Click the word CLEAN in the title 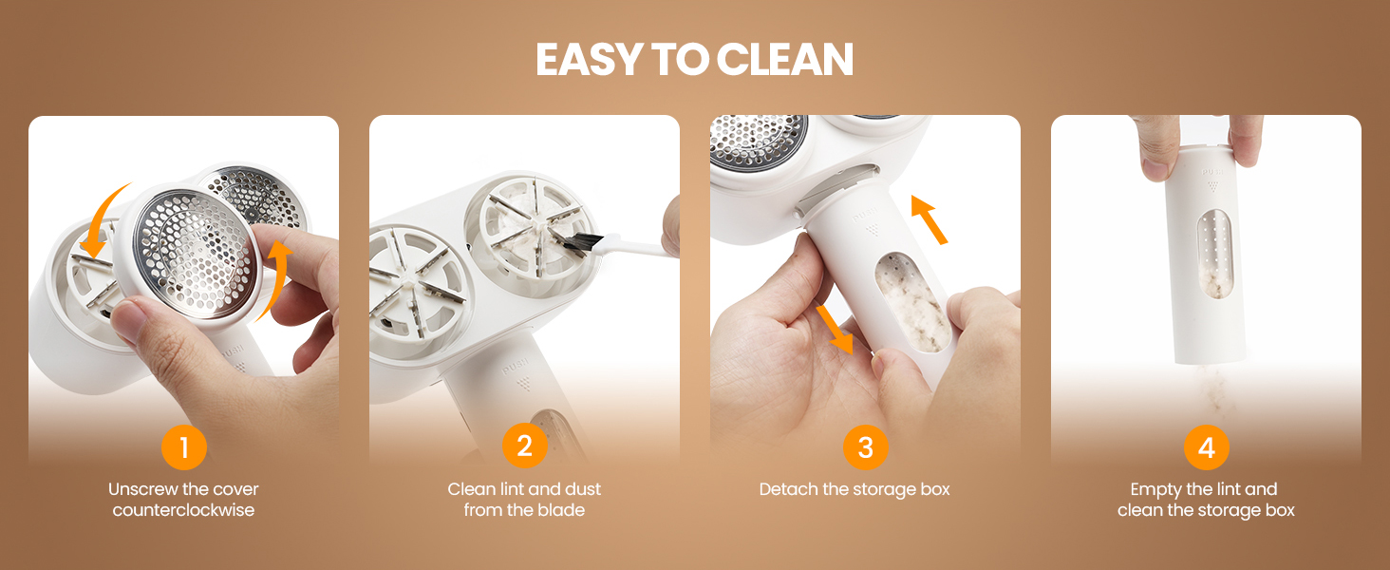click(785, 60)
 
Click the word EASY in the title click(589, 60)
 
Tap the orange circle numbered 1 click(183, 447)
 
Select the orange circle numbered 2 click(524, 446)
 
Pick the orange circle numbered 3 click(865, 447)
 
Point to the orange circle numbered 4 click(1206, 447)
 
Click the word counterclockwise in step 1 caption click(183, 510)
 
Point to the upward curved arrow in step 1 click(277, 279)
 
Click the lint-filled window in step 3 click(912, 302)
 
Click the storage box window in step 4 click(1213, 254)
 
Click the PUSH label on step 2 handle click(516, 367)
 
